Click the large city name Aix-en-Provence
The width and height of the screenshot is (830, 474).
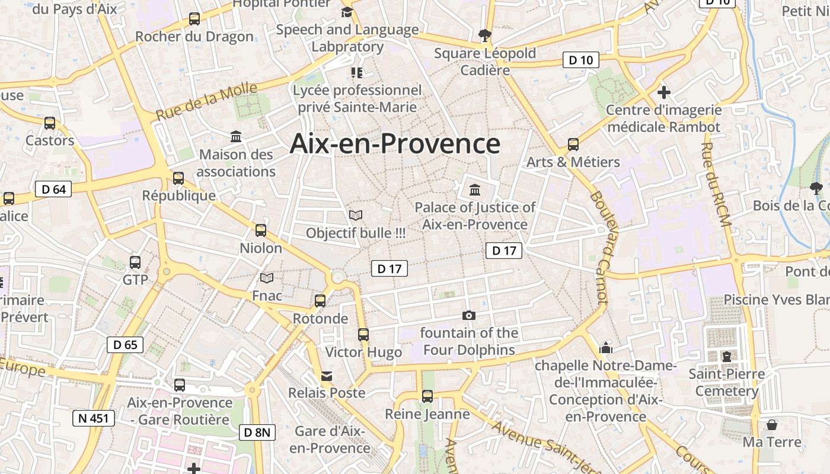(x=395, y=144)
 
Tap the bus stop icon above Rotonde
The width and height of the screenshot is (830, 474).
(x=320, y=301)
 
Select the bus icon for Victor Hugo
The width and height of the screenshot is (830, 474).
(x=363, y=335)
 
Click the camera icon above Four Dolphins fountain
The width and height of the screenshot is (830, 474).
(x=469, y=315)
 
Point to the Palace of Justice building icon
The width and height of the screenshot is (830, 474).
(x=475, y=190)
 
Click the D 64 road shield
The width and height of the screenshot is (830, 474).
(x=53, y=190)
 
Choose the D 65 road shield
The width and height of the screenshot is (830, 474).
(x=125, y=344)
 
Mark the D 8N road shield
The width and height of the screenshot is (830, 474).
(x=257, y=433)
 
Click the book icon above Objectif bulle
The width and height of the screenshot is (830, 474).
(x=356, y=215)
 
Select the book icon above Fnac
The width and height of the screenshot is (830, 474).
(x=267, y=278)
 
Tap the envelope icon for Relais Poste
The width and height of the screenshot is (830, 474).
(x=327, y=376)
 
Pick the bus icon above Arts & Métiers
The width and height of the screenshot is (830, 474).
(x=573, y=145)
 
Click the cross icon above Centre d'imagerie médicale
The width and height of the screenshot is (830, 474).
(x=664, y=92)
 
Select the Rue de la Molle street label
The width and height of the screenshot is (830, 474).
(x=207, y=102)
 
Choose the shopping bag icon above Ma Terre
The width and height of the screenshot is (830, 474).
(x=772, y=425)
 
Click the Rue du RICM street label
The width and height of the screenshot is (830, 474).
(x=716, y=184)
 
